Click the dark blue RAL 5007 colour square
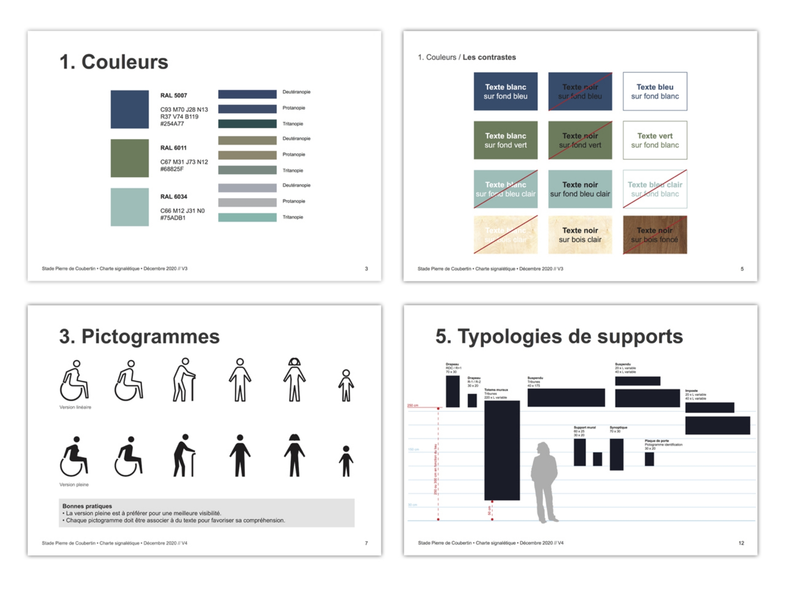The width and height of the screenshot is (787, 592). pyautogui.click(x=130, y=109)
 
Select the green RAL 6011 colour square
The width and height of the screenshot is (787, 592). pyautogui.click(x=130, y=158)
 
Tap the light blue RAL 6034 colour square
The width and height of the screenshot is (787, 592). pyautogui.click(x=130, y=207)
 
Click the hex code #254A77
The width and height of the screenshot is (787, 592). pyautogui.click(x=172, y=124)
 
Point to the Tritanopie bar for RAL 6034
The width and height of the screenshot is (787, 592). pyautogui.click(x=247, y=217)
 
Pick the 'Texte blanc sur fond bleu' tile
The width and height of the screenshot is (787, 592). pyautogui.click(x=505, y=91)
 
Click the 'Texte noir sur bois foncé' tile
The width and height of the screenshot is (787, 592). pyautogui.click(x=655, y=235)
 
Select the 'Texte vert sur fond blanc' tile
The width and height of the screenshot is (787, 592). pyautogui.click(x=655, y=140)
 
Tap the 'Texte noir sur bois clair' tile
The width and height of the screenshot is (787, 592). pyautogui.click(x=580, y=235)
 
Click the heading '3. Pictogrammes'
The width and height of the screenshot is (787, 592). pyautogui.click(x=139, y=337)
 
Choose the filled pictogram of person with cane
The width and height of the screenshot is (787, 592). pyautogui.click(x=184, y=455)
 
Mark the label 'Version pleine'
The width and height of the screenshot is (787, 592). pyautogui.click(x=74, y=485)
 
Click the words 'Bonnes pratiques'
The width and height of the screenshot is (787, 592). pyautogui.click(x=87, y=506)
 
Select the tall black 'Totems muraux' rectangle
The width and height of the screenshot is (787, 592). pyautogui.click(x=502, y=450)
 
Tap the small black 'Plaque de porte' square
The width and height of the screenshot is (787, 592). pyautogui.click(x=649, y=459)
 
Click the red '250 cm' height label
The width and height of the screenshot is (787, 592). pyautogui.click(x=412, y=405)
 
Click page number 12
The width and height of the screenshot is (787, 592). pyautogui.click(x=741, y=543)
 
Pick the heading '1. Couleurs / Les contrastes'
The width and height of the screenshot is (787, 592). pyautogui.click(x=466, y=57)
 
